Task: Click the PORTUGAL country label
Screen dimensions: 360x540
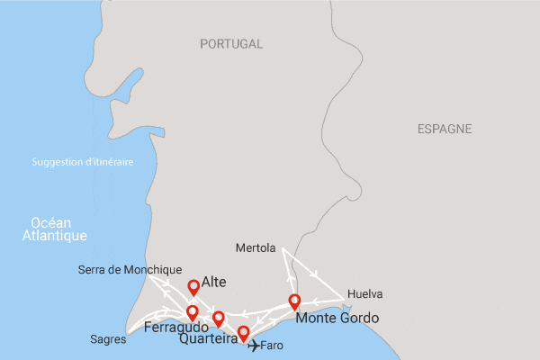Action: [x=231, y=43]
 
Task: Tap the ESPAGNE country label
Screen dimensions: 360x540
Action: [x=445, y=130]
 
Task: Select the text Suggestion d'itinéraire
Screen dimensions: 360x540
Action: [x=82, y=162]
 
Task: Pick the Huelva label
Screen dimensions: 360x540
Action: [x=364, y=294]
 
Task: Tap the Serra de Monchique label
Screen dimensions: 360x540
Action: [x=130, y=269]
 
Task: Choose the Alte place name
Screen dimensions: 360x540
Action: [x=214, y=282]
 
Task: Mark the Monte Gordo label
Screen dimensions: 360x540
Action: [x=337, y=319]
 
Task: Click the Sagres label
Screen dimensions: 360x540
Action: [x=109, y=340]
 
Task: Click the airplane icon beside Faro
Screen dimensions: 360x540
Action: [x=253, y=345]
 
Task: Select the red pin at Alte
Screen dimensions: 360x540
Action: [x=193, y=287]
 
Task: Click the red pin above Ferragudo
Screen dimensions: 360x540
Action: [x=192, y=312]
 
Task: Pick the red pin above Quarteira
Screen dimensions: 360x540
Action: [x=218, y=319]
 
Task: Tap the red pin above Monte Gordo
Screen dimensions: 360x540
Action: [x=293, y=301]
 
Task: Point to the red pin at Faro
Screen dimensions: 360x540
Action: [x=242, y=334]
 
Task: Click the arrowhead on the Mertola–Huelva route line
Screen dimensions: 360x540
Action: [x=313, y=274]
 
